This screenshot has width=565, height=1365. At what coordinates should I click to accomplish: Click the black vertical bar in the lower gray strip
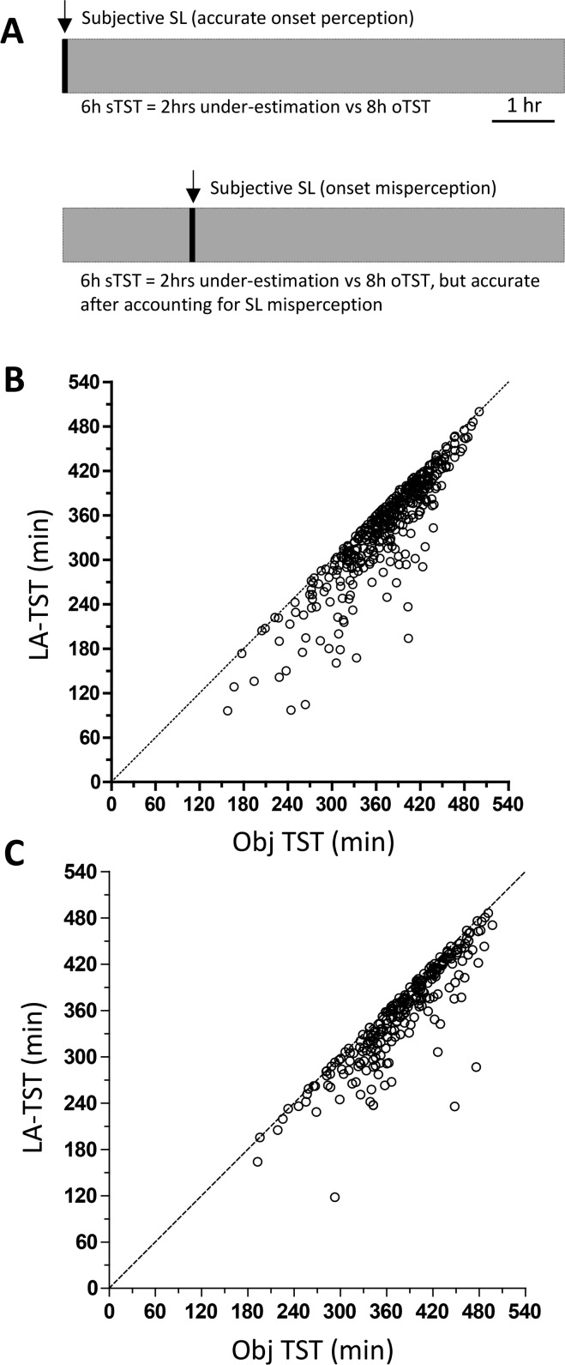[192, 234]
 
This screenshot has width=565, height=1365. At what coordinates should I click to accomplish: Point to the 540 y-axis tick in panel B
[86, 382]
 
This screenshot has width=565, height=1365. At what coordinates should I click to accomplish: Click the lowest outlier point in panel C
[335, 1197]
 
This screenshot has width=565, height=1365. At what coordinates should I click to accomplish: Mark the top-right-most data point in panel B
[478, 411]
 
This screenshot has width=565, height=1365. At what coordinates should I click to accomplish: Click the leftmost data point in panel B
[227, 710]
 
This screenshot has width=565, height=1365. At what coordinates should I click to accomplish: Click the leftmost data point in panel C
[257, 1161]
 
